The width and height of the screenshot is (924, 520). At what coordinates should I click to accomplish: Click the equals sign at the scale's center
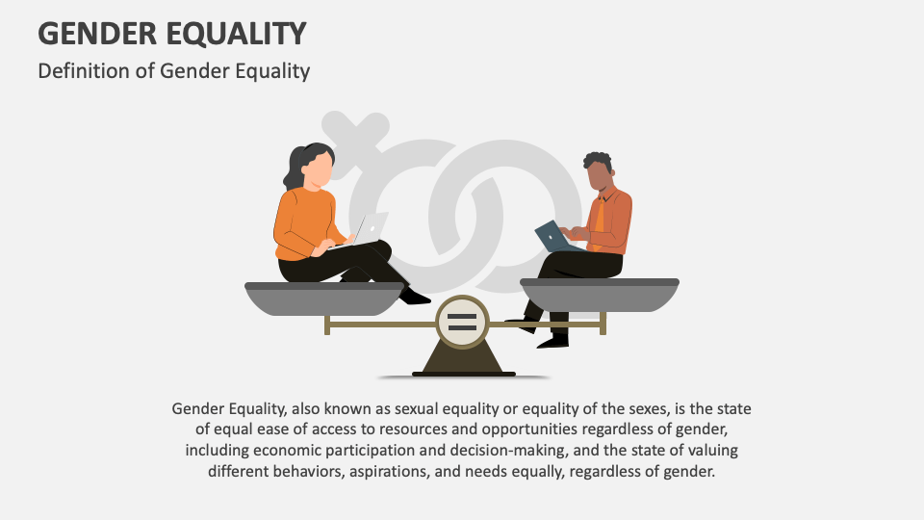coord(462,323)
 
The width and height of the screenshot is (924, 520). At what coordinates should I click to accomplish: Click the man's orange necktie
coord(600,219)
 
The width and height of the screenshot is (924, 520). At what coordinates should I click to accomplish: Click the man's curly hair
coord(598,161)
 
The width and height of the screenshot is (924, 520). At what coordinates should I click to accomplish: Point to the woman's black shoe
coord(415,297)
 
